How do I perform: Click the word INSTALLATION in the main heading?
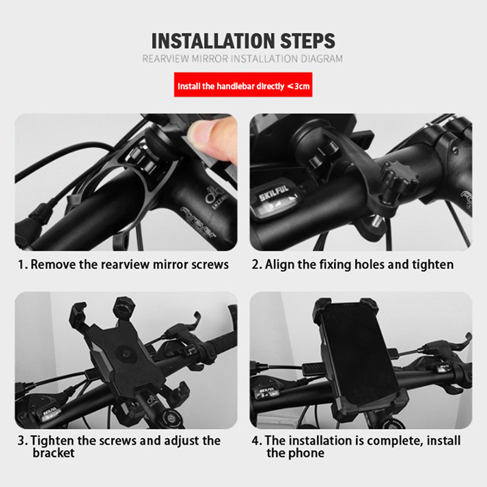[212, 41]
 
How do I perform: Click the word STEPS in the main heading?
[308, 41]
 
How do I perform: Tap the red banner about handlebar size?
[243, 85]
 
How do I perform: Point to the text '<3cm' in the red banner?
[298, 86]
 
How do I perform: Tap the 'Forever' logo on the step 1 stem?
[199, 223]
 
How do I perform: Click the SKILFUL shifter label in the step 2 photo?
[274, 192]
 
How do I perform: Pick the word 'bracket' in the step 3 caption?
[54, 453]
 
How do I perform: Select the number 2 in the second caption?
[255, 265]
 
